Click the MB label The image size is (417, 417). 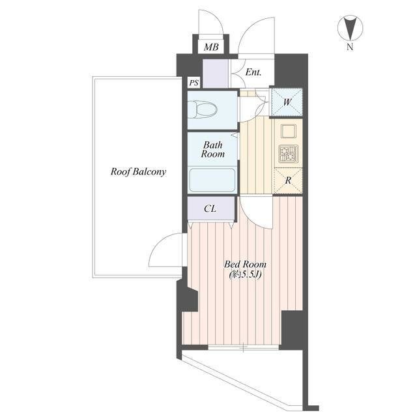(x=211, y=47)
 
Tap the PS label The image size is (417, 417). (x=194, y=83)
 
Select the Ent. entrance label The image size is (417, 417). (x=253, y=72)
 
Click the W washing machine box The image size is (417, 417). (x=287, y=102)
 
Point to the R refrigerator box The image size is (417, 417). (x=288, y=181)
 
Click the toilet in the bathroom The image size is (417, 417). (x=203, y=109)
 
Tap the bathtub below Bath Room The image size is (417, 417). (x=212, y=180)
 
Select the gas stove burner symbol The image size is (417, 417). (x=288, y=154)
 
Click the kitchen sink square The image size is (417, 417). (x=288, y=132)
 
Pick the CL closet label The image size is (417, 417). (x=210, y=208)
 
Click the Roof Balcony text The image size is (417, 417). (x=138, y=171)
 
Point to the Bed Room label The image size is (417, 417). (x=245, y=264)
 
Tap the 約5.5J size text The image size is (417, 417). (x=245, y=274)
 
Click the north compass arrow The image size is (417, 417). (x=351, y=27)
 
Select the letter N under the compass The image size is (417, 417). (x=350, y=47)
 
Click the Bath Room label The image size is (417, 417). (x=213, y=149)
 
